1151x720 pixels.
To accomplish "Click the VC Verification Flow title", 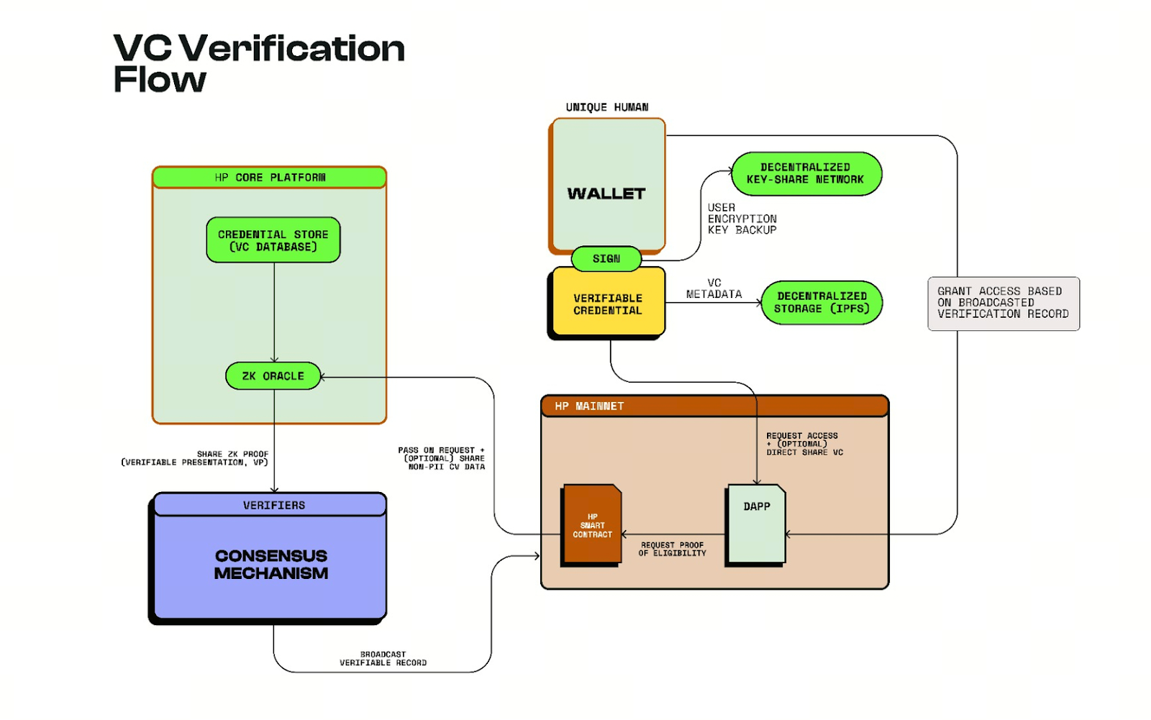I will pos(259,63).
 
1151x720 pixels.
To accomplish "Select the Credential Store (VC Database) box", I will pos(273,240).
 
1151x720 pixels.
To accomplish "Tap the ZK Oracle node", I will pos(273,376).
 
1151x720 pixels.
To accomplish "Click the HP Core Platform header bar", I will pos(270,177).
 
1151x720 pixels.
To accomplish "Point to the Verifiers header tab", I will pos(273,505).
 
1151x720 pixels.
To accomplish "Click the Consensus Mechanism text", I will pos(271,565).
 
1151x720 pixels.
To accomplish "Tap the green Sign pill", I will pos(606,259).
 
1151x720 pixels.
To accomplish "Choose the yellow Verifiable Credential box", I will pos(606,304).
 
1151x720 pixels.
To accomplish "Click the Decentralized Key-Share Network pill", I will pos(806,173).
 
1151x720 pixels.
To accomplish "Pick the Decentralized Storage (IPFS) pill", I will pos(822,302).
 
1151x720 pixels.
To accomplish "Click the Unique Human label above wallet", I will pos(606,107).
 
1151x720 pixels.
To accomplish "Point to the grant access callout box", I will pos(1003,303).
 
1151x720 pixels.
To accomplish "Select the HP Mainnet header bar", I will pos(714,406).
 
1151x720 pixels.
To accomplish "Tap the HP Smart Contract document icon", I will pos(592,524).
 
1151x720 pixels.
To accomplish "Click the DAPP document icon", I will pos(756,524).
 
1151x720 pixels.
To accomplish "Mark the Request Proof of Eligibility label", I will pos(673,549).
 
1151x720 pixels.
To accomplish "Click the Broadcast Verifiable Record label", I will pos(383,659).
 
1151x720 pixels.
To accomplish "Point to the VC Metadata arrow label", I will pos(714,288).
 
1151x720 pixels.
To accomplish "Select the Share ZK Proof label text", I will pos(196,458).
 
